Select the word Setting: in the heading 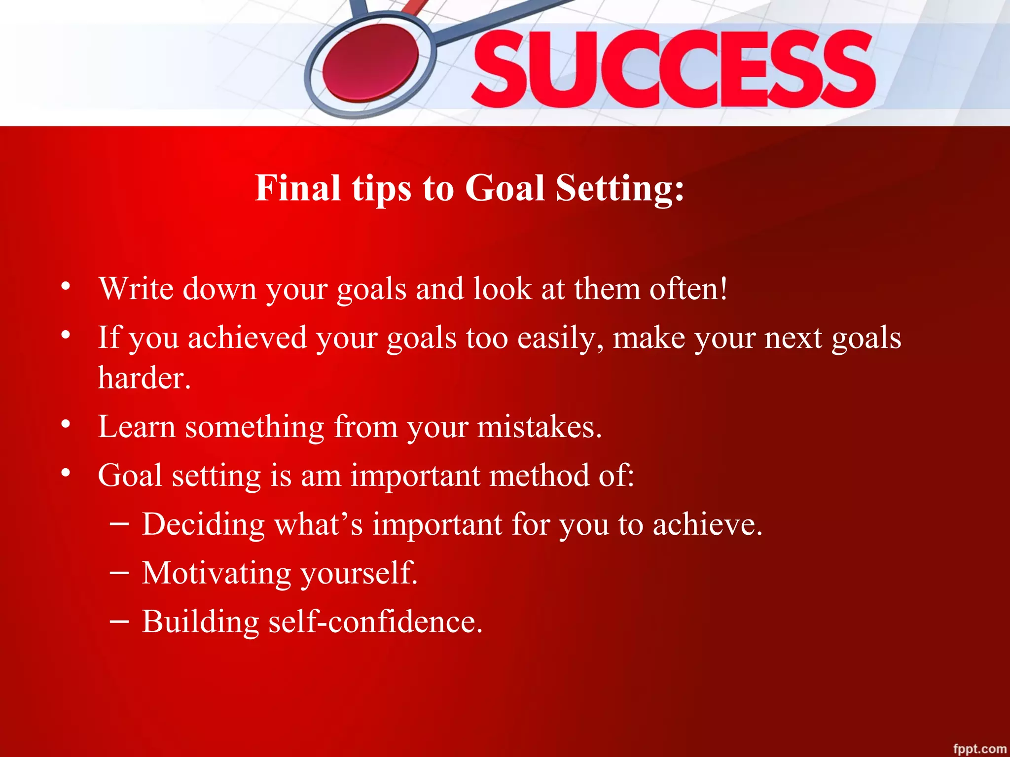pos(620,188)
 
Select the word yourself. pos(360,574)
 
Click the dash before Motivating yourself pos(119,573)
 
